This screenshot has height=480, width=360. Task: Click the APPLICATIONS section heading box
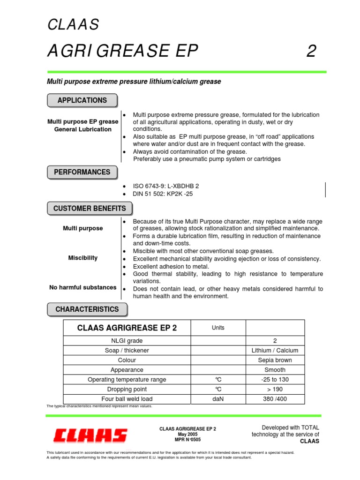pyautogui.click(x=82, y=100)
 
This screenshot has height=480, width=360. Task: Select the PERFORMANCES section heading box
pyautogui.click(x=82, y=172)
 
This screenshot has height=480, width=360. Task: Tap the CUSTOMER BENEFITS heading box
pyautogui.click(x=90, y=209)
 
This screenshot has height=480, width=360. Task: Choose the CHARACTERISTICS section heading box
pyautogui.click(x=87, y=309)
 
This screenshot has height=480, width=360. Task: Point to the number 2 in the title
pyautogui.click(x=311, y=51)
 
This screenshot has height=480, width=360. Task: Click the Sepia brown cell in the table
pyautogui.click(x=275, y=360)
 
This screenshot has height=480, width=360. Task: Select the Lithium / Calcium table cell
pyautogui.click(x=275, y=350)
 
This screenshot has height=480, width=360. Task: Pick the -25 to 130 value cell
pyautogui.click(x=275, y=380)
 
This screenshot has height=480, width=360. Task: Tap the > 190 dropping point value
pyautogui.click(x=275, y=390)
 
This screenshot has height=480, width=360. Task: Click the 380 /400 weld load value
pyautogui.click(x=275, y=399)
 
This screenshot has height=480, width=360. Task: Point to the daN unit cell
pyautogui.click(x=218, y=399)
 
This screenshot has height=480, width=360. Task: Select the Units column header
pyautogui.click(x=218, y=328)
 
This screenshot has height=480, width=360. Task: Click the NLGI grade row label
pyautogui.click(x=127, y=341)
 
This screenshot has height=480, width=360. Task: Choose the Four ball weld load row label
pyautogui.click(x=127, y=399)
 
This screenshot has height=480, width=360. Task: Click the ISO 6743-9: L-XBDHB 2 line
pyautogui.click(x=166, y=186)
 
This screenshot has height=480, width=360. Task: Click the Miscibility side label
pyautogui.click(x=83, y=258)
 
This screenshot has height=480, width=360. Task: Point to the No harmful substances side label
pyautogui.click(x=83, y=287)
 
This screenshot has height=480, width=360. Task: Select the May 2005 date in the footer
pyautogui.click(x=188, y=435)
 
